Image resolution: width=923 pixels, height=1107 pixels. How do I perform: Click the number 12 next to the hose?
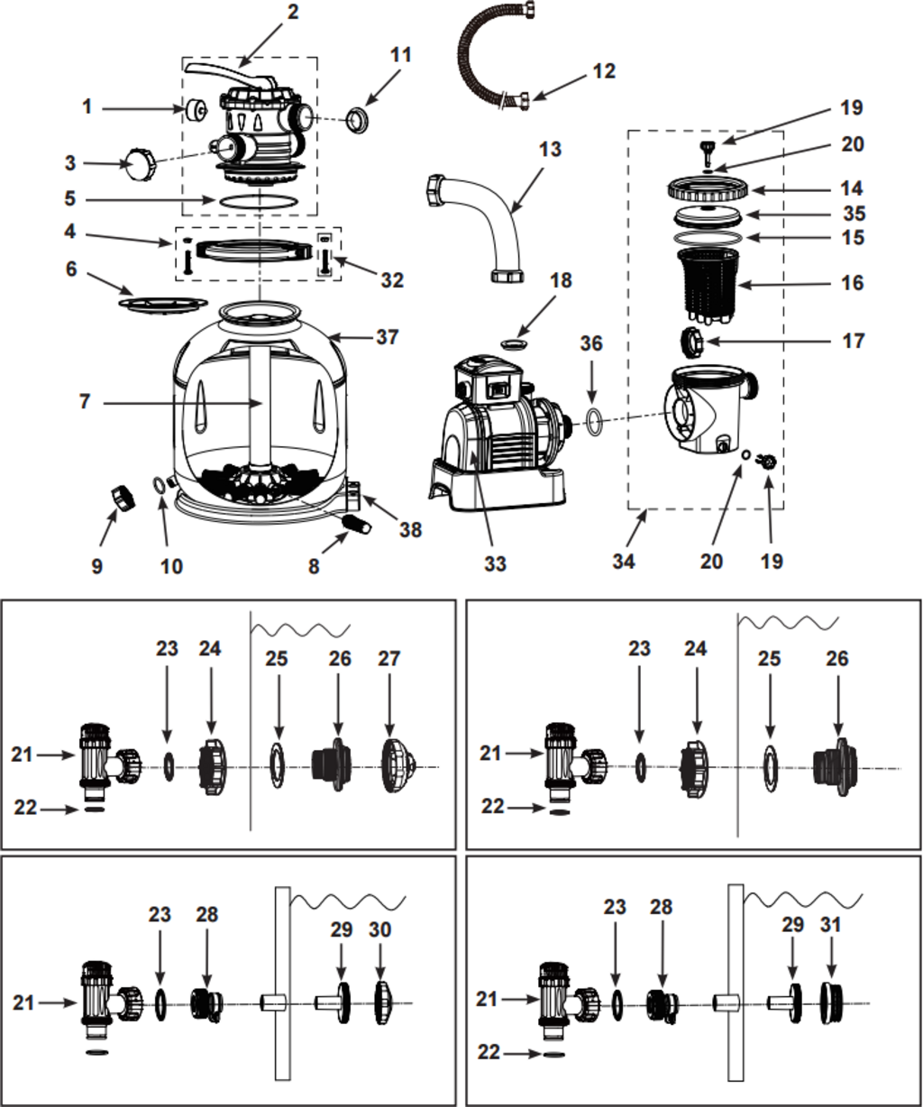(604, 70)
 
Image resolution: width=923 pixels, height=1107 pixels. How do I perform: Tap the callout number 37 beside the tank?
(388, 336)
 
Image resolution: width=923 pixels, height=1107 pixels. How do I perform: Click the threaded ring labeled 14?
(708, 190)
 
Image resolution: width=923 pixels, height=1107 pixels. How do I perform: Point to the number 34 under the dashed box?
(624, 561)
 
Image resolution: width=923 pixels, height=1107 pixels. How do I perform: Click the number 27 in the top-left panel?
(388, 659)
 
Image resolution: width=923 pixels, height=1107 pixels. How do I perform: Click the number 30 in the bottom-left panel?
(380, 929)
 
